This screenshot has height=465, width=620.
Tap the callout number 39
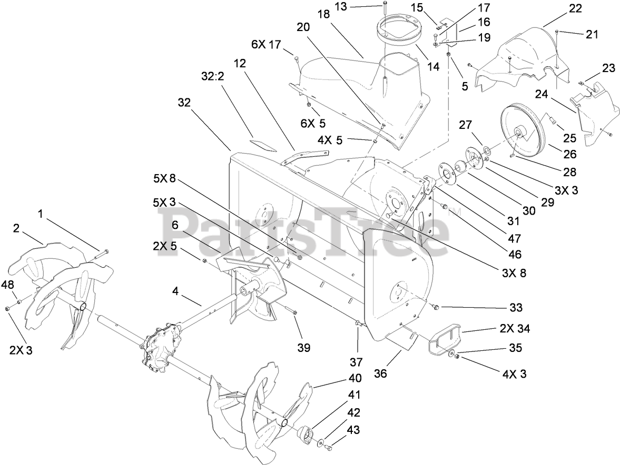pos(303,348)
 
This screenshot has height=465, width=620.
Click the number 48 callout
pos(7,286)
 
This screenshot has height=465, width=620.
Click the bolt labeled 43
pos(329,447)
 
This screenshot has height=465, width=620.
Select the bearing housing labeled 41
pos(306,434)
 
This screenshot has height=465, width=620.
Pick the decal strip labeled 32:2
pos(263,143)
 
